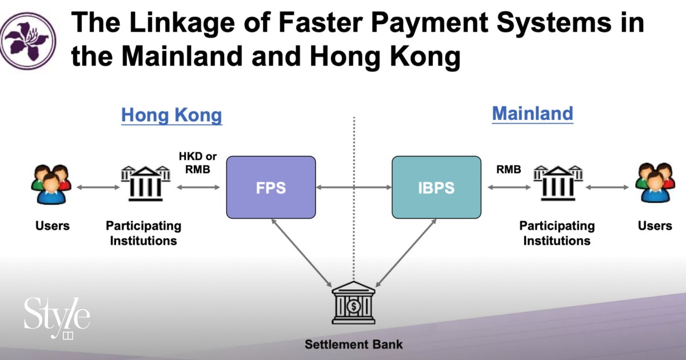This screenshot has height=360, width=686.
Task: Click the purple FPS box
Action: (271, 187)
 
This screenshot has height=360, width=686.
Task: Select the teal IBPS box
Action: (436, 187)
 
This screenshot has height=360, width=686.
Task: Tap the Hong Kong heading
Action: (171, 115)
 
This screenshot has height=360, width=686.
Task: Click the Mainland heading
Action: (533, 114)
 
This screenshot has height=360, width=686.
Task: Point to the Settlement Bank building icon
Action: (353, 302)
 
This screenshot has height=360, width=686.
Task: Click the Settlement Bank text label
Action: (354, 345)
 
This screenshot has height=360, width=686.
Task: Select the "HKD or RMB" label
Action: (198, 163)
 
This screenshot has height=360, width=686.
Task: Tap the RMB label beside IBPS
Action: (509, 169)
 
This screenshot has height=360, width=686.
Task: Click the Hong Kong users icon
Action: (51, 184)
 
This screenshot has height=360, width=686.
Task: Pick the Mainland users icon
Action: (655, 183)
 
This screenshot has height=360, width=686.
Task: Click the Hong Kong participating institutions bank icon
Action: (145, 183)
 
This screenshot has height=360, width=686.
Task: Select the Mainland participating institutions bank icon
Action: (558, 183)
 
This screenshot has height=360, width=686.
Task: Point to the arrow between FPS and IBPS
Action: (354, 187)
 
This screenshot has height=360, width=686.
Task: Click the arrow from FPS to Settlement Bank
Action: (302, 253)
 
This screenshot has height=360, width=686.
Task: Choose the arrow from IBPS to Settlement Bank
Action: (406, 253)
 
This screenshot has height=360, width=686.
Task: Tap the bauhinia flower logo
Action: (28, 41)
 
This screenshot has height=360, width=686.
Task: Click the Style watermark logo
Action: (57, 318)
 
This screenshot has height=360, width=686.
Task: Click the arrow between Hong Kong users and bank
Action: (98, 187)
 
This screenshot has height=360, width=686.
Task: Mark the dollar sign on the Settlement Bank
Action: (354, 306)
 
